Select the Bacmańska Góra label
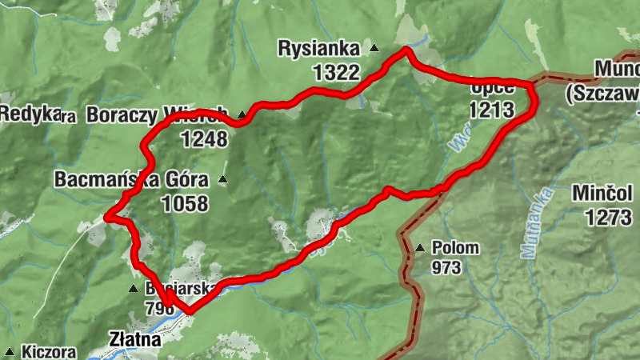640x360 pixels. (x=131, y=179)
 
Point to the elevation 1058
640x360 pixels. (x=184, y=203)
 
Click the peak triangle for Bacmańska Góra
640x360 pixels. (x=222, y=179)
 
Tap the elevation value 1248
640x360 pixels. (x=204, y=139)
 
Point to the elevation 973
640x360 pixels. (x=446, y=268)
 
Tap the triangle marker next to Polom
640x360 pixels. (x=420, y=247)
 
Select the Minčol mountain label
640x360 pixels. (x=602, y=194)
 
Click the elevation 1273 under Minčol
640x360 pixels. (x=608, y=217)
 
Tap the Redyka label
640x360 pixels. (x=30, y=114)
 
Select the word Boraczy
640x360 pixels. (x=123, y=114)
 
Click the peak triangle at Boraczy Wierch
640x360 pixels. (x=241, y=114)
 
